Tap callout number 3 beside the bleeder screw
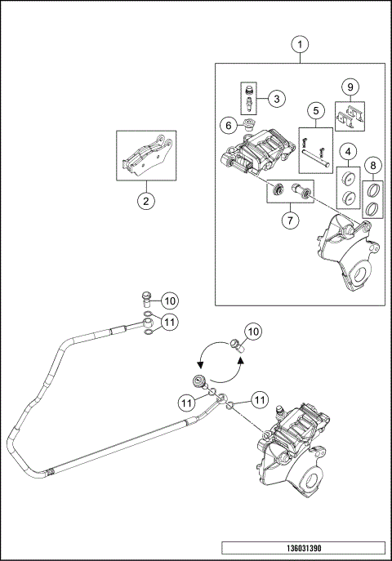pyautogui.click(x=276, y=99)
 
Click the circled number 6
pyautogui.click(x=229, y=125)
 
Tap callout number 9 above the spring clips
pyautogui.click(x=350, y=86)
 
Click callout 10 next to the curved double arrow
pyautogui.click(x=253, y=332)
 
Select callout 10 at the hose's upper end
pyautogui.click(x=169, y=300)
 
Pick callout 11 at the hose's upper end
pyautogui.click(x=169, y=323)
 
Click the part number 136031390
pyautogui.click(x=301, y=549)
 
